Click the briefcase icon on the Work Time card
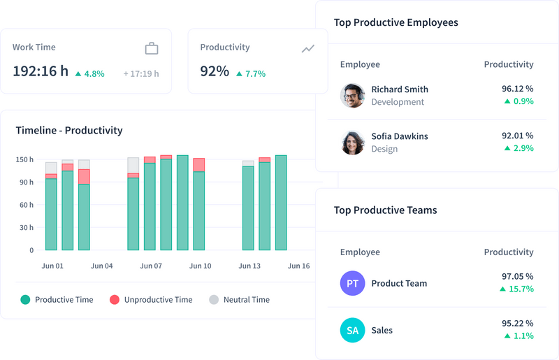[x=152, y=48]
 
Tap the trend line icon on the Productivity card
[x=308, y=48]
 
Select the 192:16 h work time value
[x=41, y=71]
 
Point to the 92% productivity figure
[x=215, y=71]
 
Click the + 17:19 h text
[x=141, y=73]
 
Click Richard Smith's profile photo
[x=352, y=96]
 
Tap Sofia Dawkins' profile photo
[x=352, y=143]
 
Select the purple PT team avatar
[x=352, y=283]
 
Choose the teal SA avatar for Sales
[x=352, y=330]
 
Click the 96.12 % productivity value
[x=517, y=89]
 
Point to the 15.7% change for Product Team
[x=517, y=289]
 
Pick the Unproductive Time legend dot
[x=115, y=300]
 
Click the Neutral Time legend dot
[x=214, y=300]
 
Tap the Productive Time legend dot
[x=25, y=300]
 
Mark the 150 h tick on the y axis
[x=24, y=160]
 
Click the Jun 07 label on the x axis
[x=151, y=266]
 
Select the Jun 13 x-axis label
[x=249, y=266]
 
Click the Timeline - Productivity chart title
[x=68, y=131]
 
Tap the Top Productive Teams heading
[x=385, y=210]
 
